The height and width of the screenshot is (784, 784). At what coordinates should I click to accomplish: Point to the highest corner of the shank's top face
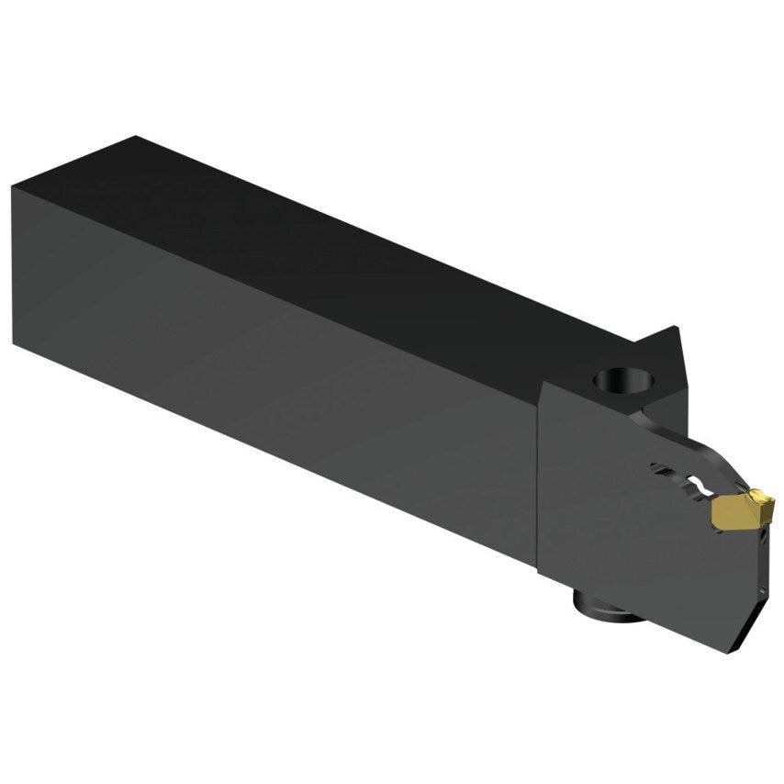point(136,138)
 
